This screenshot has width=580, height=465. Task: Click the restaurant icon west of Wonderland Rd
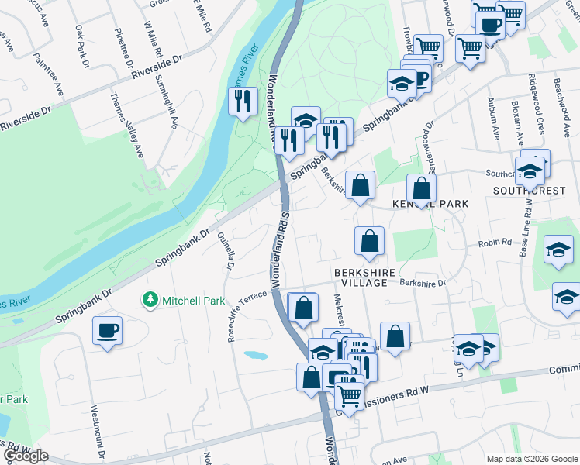point(243,100)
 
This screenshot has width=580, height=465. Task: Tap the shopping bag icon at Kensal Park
point(421,188)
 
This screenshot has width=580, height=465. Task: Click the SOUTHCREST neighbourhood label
point(529,190)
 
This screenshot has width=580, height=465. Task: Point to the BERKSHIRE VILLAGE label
point(365,278)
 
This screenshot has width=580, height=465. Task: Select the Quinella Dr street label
point(226,251)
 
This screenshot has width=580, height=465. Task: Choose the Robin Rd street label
point(495,242)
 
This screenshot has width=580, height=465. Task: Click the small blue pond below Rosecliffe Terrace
point(255,356)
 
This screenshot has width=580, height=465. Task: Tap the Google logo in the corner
point(26,456)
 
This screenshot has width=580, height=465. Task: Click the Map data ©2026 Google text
point(531,459)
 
